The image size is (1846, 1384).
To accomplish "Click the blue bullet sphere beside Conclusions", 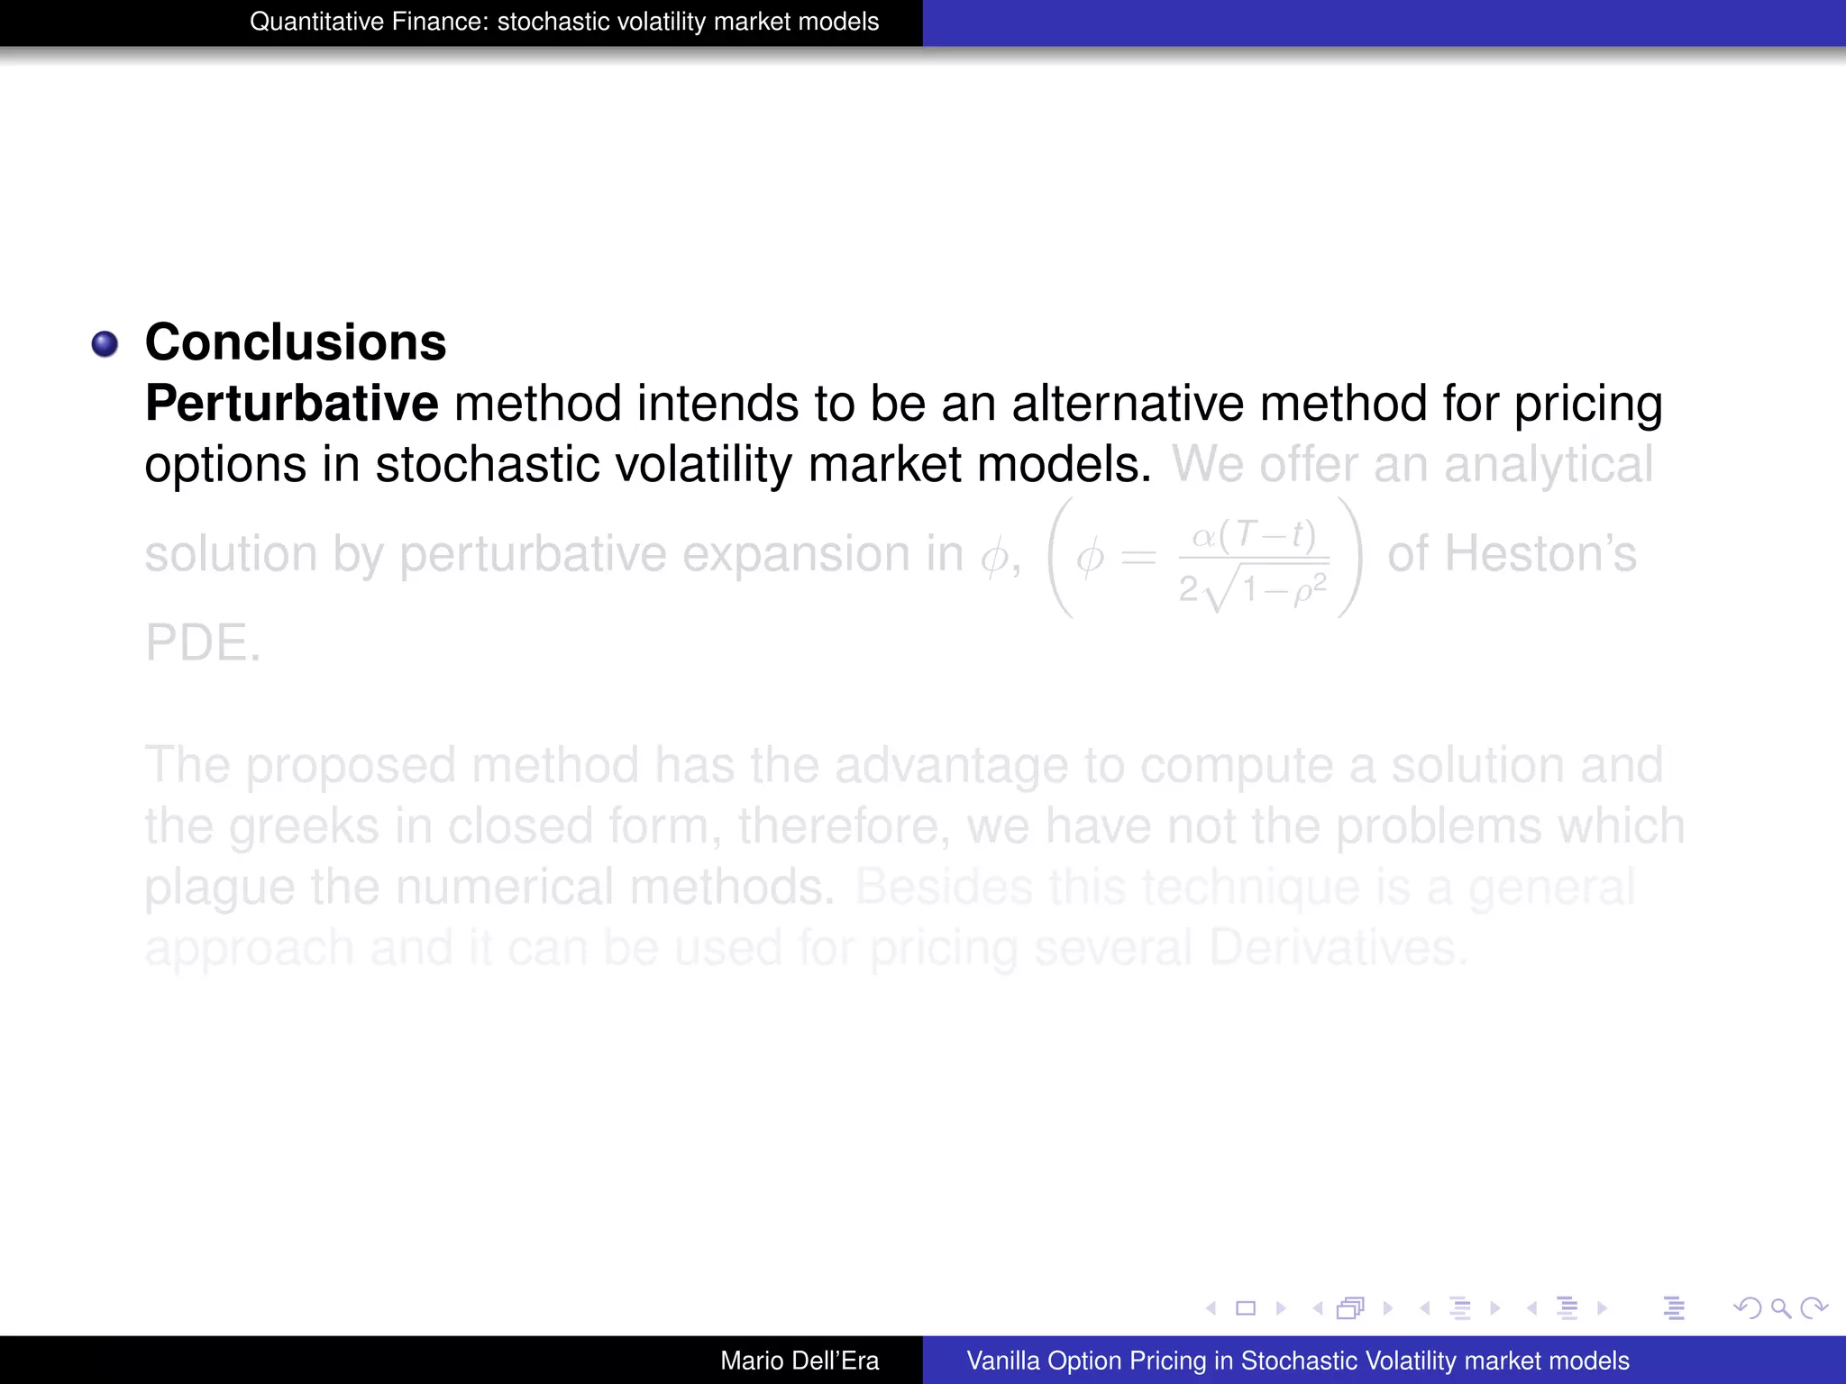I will pyautogui.click(x=105, y=344).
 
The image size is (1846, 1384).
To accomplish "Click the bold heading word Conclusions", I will pyautogui.click(x=296, y=342).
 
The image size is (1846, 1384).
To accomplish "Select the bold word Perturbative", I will pyautogui.click(x=292, y=403).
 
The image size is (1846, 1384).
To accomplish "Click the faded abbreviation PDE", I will pyautogui.click(x=203, y=642).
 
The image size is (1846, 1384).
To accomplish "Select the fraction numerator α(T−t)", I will pyautogui.click(x=1254, y=535).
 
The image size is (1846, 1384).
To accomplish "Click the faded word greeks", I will pyautogui.click(x=303, y=826).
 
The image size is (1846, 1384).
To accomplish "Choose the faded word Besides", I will pyautogui.click(x=943, y=887).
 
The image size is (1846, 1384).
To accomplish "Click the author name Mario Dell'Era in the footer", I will pyautogui.click(x=800, y=1361).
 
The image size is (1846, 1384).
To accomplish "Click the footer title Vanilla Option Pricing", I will pyautogui.click(x=1297, y=1361).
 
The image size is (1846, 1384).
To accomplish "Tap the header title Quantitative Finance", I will pyautogui.click(x=564, y=22).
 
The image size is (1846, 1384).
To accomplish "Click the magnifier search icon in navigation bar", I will pyautogui.click(x=1780, y=1308).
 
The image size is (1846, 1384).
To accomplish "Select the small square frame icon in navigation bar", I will pyautogui.click(x=1246, y=1308).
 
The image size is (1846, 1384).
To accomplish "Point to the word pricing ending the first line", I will pyautogui.click(x=1587, y=403).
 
